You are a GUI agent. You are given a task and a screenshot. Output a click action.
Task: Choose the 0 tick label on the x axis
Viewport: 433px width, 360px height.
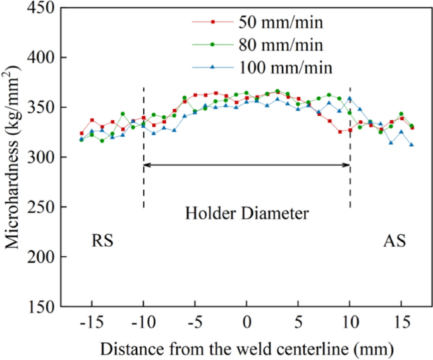point(247,322)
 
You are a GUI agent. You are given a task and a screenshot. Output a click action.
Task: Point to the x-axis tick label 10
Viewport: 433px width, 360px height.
point(350,322)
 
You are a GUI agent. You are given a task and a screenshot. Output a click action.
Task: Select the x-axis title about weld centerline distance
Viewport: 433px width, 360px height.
point(247,347)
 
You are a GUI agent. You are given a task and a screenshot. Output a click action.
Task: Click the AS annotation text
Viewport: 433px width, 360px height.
point(394,241)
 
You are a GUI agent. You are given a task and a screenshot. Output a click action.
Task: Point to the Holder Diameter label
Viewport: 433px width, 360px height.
point(247,213)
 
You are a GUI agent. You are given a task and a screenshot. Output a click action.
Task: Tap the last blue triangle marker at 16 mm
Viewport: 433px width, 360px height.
point(412,144)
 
